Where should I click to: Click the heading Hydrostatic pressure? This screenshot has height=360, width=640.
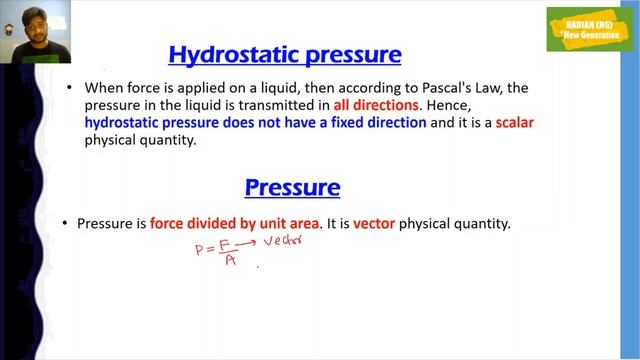(285, 53)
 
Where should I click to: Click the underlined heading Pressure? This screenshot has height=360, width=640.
(292, 187)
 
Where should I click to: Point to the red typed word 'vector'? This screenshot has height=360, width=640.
(374, 225)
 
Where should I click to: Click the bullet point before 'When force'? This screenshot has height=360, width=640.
(69, 88)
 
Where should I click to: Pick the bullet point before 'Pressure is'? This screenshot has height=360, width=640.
(65, 225)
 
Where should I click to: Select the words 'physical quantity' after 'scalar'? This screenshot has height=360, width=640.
(133, 141)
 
